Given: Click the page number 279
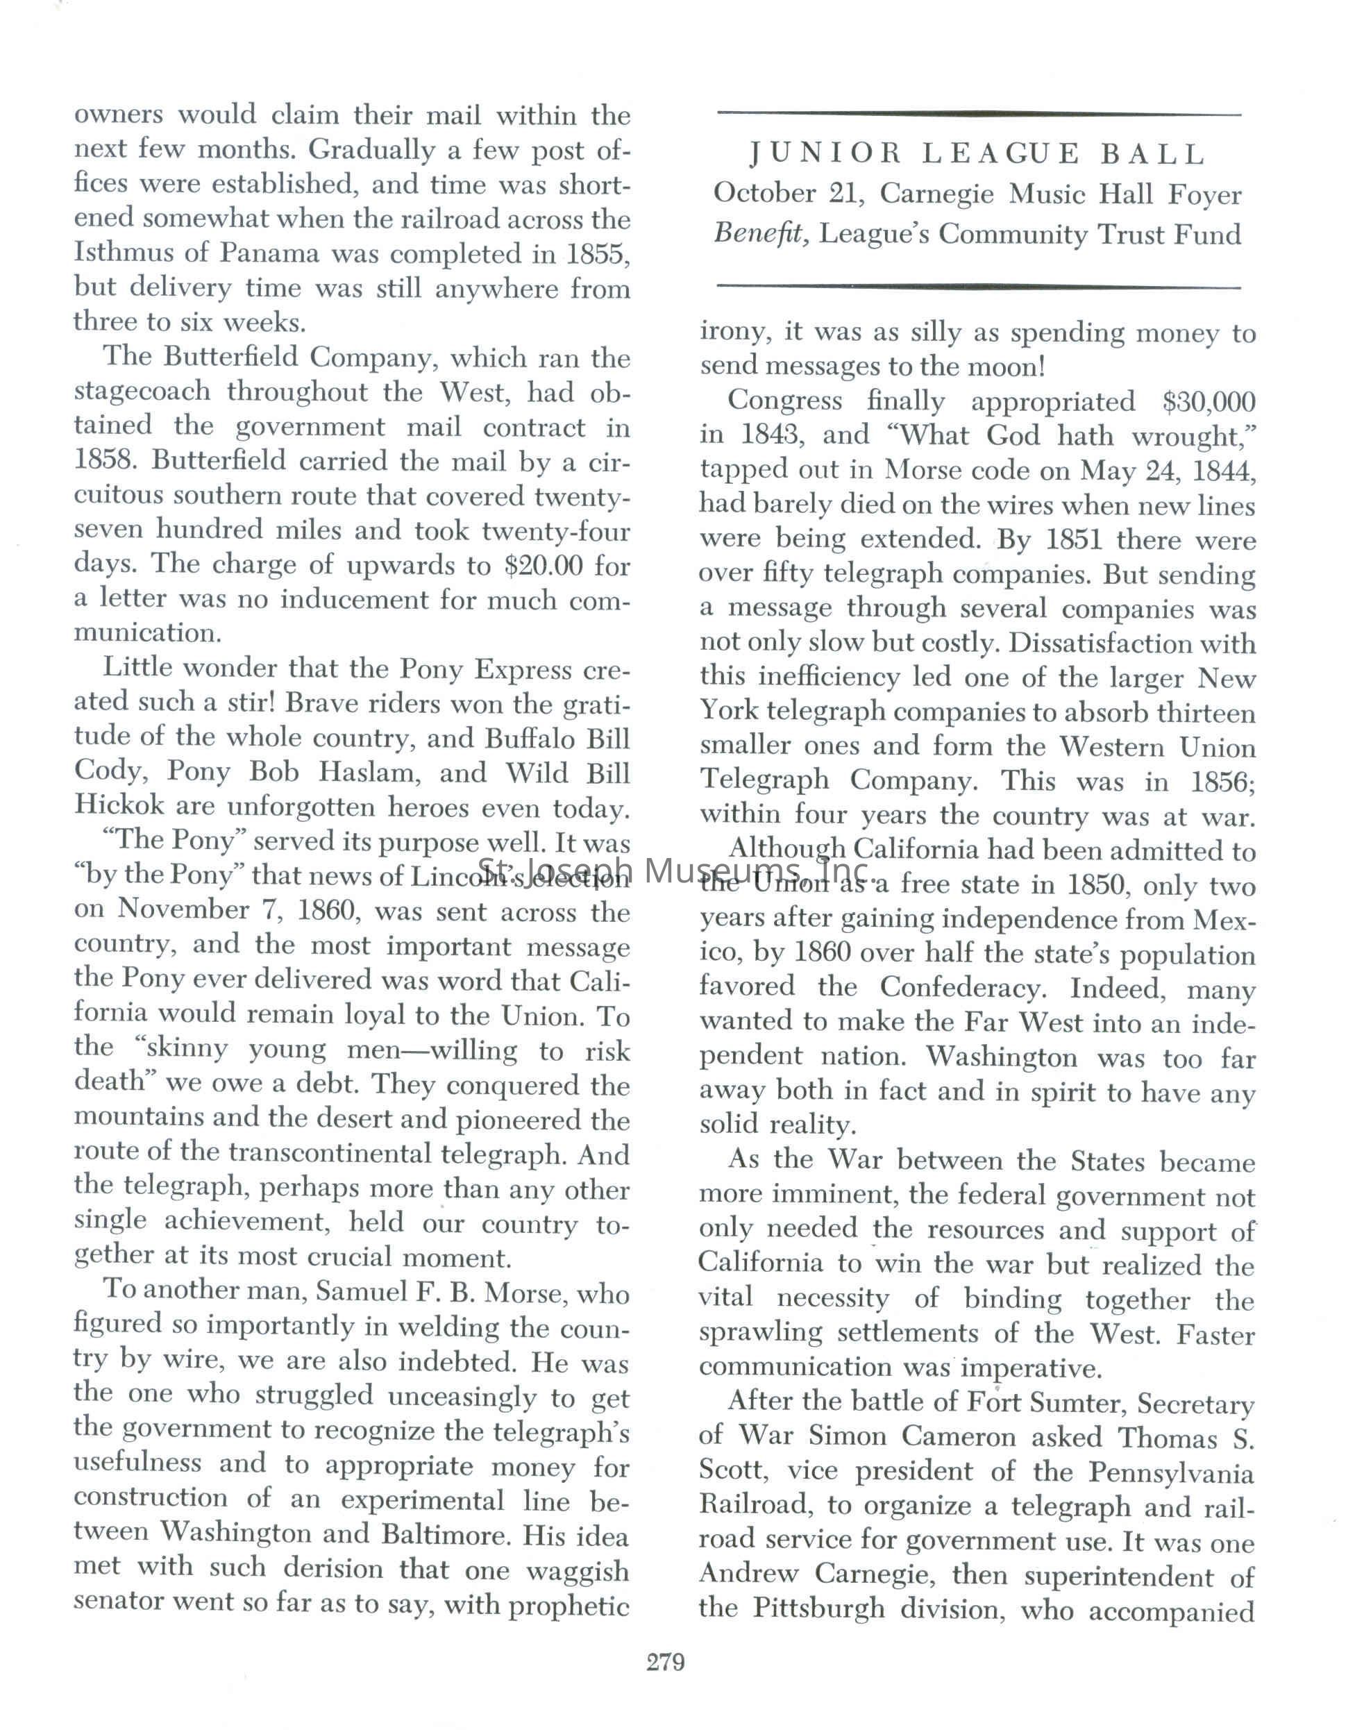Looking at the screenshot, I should [x=665, y=1661].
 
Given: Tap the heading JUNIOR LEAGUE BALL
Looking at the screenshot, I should [x=977, y=154].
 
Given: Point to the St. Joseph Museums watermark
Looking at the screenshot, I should [x=673, y=873].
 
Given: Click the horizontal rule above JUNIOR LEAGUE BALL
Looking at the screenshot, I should [x=977, y=115].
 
